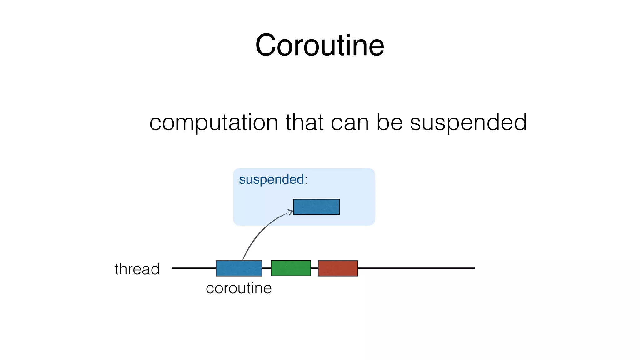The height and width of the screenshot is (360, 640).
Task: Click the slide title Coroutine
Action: tap(320, 46)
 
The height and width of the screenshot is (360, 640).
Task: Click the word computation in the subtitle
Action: tap(213, 122)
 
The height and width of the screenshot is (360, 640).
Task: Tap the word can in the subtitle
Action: tap(350, 122)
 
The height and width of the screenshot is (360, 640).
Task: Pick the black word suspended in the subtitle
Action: tap(468, 122)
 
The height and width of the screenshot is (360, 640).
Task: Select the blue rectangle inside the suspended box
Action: tap(316, 207)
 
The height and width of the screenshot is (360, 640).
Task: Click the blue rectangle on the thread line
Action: tap(239, 268)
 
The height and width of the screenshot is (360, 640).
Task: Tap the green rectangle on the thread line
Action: tap(291, 268)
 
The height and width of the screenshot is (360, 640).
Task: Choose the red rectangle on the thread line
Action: tap(338, 268)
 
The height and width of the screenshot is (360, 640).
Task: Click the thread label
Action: tap(137, 269)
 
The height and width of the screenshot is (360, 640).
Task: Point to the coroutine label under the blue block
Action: tap(239, 288)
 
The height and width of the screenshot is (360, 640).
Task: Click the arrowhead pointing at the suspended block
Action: tap(291, 212)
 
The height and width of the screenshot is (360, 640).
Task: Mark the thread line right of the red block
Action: tap(416, 268)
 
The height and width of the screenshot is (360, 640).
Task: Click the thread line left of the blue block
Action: tap(194, 268)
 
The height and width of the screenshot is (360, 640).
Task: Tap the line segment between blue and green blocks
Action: tap(266, 268)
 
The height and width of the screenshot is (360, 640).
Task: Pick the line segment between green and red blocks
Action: tap(314, 268)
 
